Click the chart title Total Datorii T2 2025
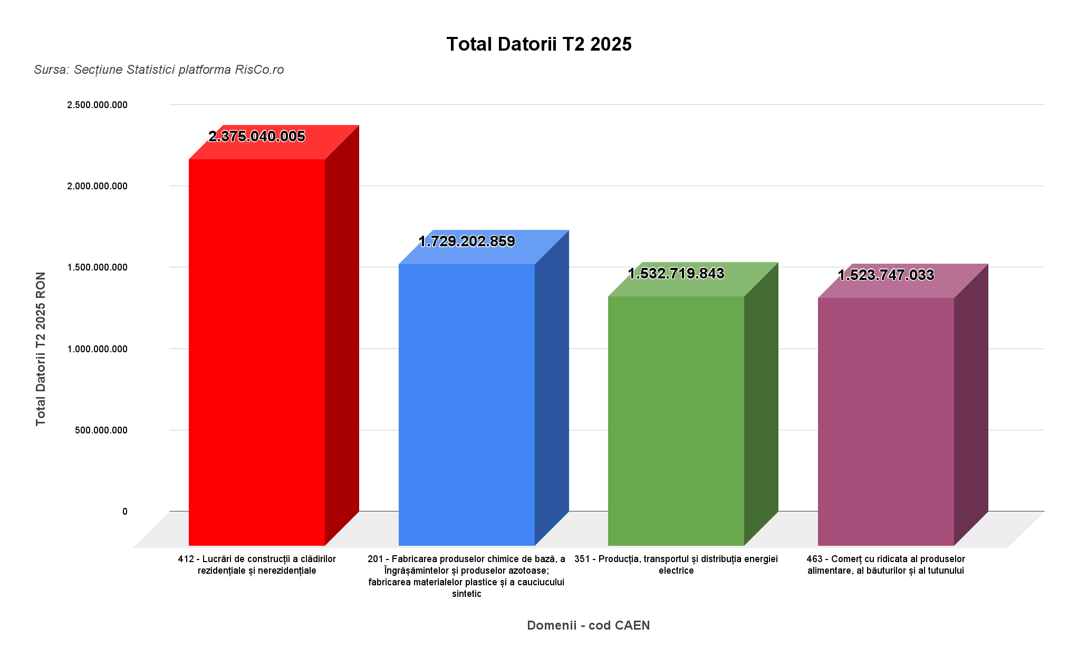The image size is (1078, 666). [538, 44]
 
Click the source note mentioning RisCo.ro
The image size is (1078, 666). [159, 70]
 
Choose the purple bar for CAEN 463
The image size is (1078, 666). [886, 421]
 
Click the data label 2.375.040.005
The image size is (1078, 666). [257, 137]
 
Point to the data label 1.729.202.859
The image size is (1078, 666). [467, 242]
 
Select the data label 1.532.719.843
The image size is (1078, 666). [676, 274]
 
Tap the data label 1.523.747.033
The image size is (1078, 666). [886, 275]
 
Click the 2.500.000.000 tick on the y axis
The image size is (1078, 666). [97, 105]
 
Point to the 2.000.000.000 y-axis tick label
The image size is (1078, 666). [97, 186]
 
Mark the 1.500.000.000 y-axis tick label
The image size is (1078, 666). [97, 267]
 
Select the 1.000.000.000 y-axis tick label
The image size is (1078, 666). [97, 349]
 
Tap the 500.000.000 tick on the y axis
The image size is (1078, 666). [101, 430]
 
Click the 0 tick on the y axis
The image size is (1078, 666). [125, 511]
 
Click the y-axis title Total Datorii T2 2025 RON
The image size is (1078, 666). [41, 349]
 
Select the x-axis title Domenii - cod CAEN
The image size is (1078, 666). [588, 625]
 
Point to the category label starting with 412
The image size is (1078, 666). [257, 565]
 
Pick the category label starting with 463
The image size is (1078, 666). [885, 565]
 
